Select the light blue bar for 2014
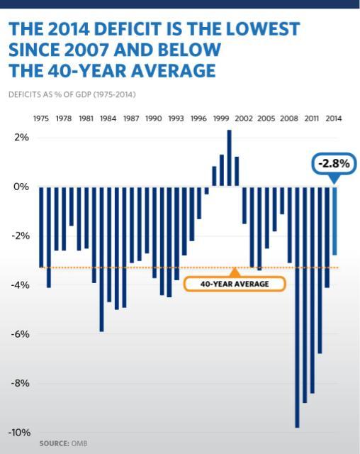tap(334, 221)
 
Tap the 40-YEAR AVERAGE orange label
tap(234, 284)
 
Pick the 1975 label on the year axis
tap(42, 118)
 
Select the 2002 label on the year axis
tap(244, 118)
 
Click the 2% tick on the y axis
tap(21, 138)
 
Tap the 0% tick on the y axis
tap(21, 187)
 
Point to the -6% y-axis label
tap(19, 334)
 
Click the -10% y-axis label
tap(18, 433)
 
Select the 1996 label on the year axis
tap(199, 118)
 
